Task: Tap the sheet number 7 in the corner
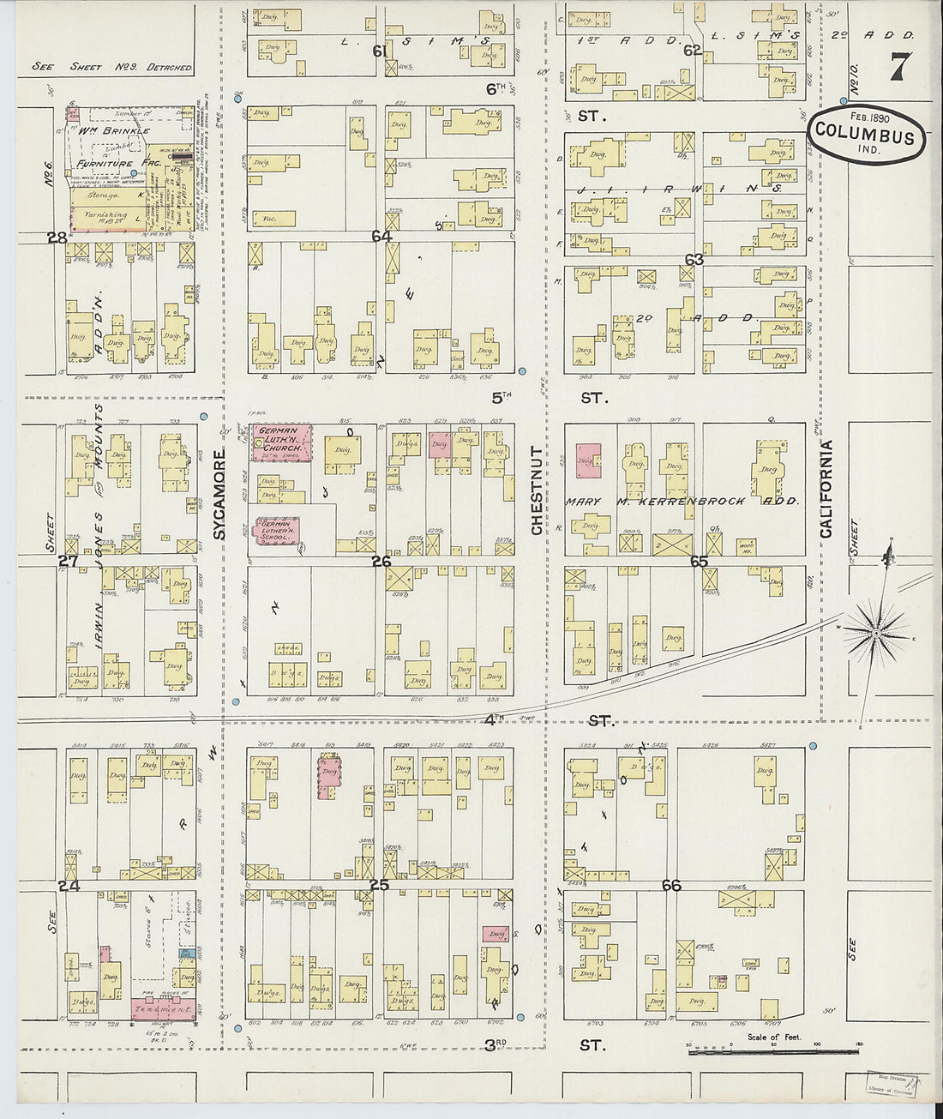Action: coord(898,66)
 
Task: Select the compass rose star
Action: coord(875,633)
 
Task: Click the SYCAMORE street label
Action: coord(219,494)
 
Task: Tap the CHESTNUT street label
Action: coord(537,490)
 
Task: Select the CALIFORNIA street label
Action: coord(826,489)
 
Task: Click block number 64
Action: coord(381,236)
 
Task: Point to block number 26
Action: coord(381,561)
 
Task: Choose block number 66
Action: coord(671,885)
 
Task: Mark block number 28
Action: coord(57,238)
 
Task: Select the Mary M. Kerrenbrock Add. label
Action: coord(682,501)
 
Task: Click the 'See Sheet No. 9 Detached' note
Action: coord(111,67)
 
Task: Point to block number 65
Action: coord(699,562)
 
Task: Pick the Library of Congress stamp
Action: coord(893,1084)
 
